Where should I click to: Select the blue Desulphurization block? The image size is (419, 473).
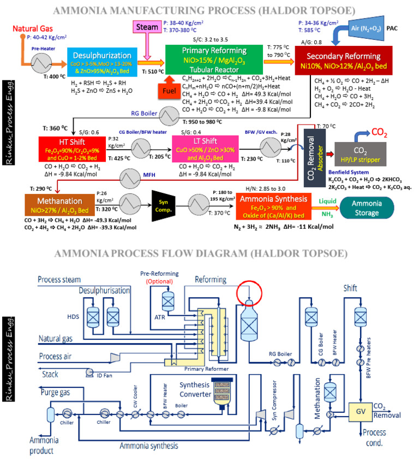(98, 61)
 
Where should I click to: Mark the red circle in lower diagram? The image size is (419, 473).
(249, 292)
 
